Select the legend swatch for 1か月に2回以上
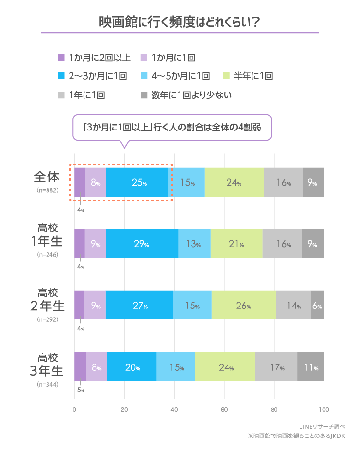click(x=61, y=58)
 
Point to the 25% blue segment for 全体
click(x=137, y=183)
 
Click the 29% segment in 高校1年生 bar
click(x=142, y=244)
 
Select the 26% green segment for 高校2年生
click(x=243, y=306)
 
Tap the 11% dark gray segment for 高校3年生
click(x=311, y=368)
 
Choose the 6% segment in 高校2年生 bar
click(x=317, y=306)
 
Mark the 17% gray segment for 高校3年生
click(x=276, y=368)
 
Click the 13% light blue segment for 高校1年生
click(x=194, y=244)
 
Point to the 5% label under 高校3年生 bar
click(x=81, y=390)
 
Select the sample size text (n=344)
click(x=47, y=385)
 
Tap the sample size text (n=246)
click(x=47, y=254)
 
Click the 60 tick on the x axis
click(x=224, y=409)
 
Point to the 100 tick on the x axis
click(x=324, y=409)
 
